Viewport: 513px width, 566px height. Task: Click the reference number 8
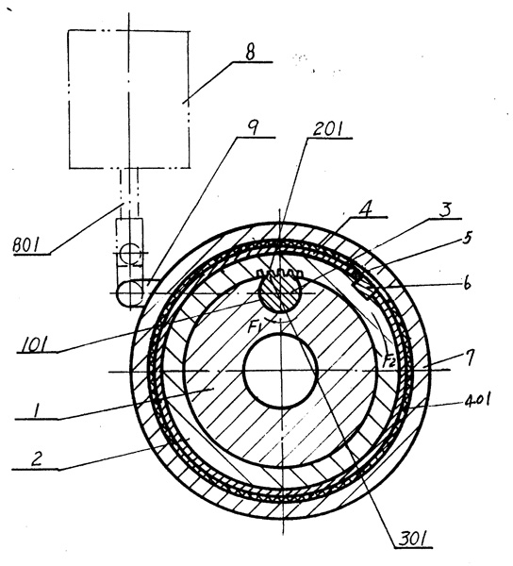click(x=250, y=52)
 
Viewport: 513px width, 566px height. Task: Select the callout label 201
click(x=328, y=129)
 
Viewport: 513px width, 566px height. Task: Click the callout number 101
click(x=34, y=344)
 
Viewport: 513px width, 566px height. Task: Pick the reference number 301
click(x=413, y=540)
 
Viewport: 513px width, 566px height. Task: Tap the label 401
click(x=475, y=400)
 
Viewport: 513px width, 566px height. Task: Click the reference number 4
click(x=366, y=209)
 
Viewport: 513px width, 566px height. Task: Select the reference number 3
click(x=446, y=209)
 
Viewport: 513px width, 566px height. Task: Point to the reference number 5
click(x=467, y=239)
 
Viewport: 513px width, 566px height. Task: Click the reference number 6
click(x=467, y=284)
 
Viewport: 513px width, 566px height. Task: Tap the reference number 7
click(x=468, y=359)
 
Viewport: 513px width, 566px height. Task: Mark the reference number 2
click(x=37, y=458)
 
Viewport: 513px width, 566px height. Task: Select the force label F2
click(x=389, y=361)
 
